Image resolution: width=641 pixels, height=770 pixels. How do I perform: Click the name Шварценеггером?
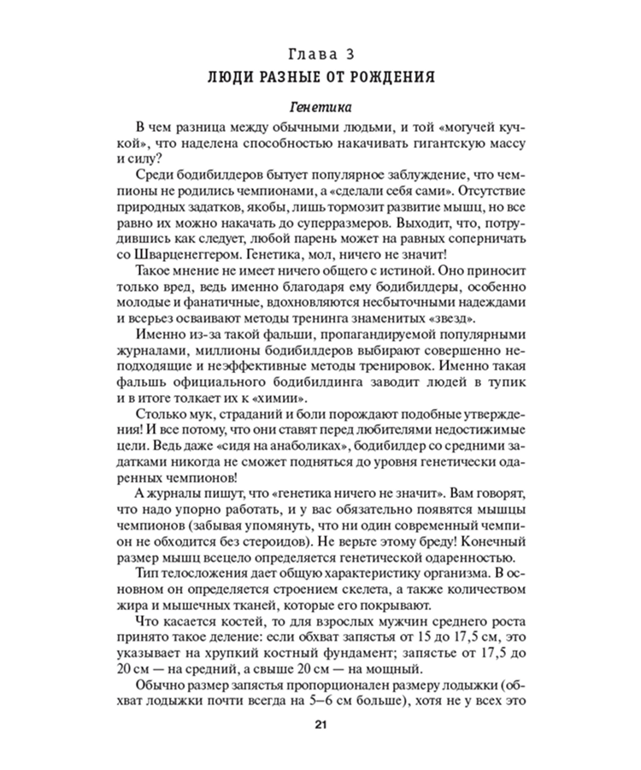[195, 255]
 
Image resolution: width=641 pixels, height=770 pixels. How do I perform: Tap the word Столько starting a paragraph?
[150, 417]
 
